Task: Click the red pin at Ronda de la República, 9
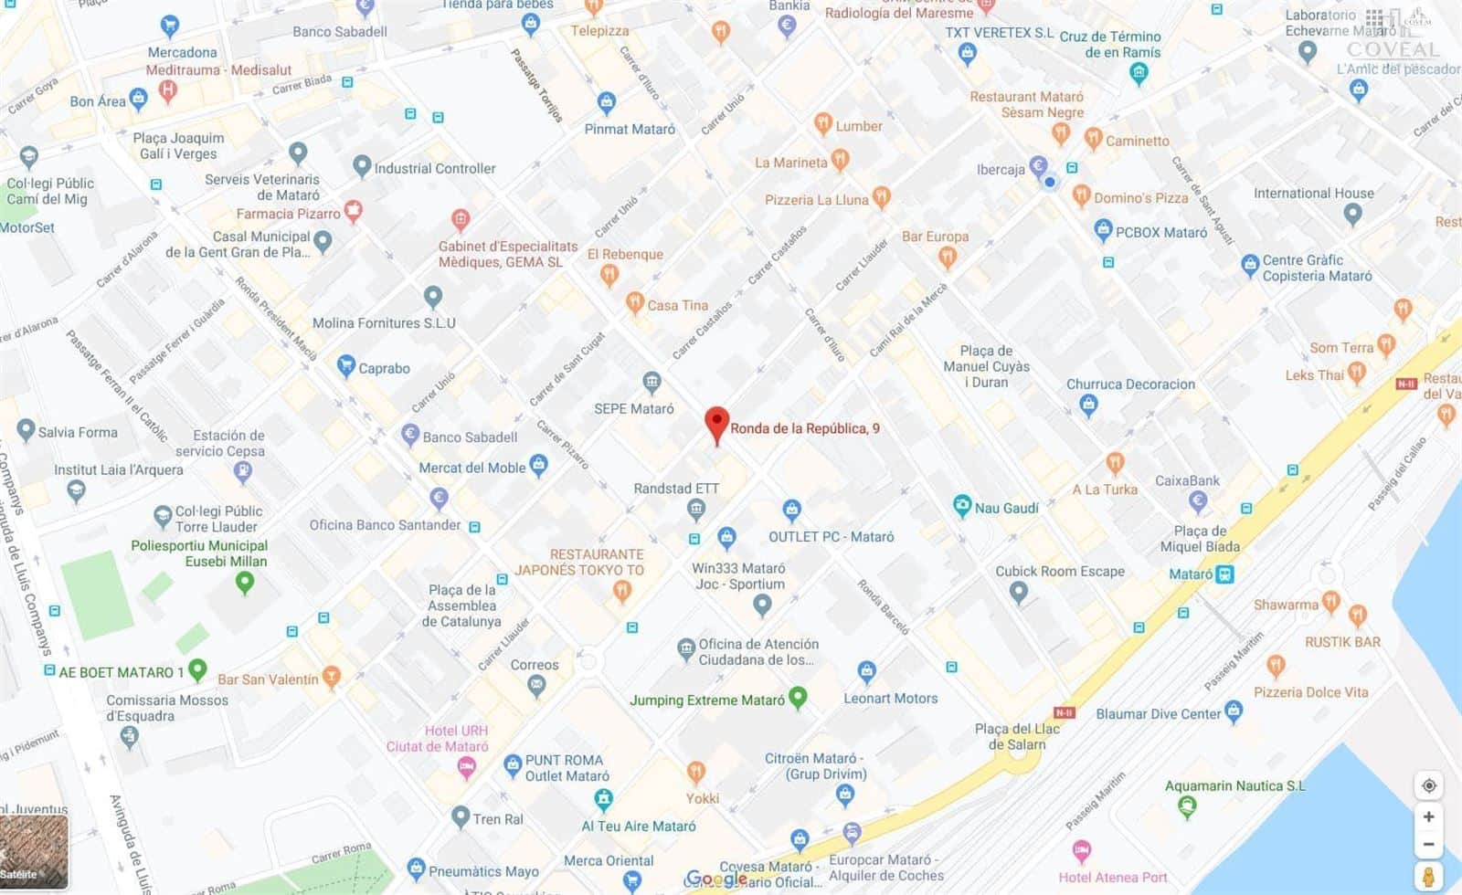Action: coord(717,425)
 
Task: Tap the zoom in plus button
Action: coord(1428,816)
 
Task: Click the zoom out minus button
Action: coord(1428,845)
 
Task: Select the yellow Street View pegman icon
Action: coord(1429,877)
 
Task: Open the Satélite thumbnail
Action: coord(34,851)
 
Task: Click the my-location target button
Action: coord(1429,785)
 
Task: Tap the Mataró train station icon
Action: coord(1224,574)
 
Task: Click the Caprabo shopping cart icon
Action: coord(345,367)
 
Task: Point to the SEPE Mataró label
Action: coord(634,408)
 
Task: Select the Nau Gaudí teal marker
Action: coord(961,506)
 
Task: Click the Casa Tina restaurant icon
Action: coord(634,303)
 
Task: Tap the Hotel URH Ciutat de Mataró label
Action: coord(438,738)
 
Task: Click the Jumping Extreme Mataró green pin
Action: coord(798,699)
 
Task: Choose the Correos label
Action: coord(535,665)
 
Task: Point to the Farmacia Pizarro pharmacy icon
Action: coord(353,212)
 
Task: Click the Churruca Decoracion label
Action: coord(1130,384)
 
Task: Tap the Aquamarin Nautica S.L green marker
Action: coord(1187,806)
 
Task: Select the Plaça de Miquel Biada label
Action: coord(1200,539)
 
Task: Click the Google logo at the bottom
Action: coord(716,879)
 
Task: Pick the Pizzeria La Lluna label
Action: coord(816,200)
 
